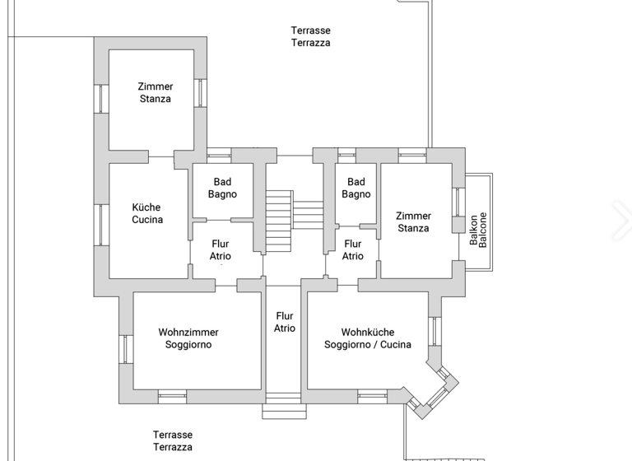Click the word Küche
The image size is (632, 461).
click(146, 207)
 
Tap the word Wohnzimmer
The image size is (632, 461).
click(188, 333)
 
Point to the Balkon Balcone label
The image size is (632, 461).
click(478, 230)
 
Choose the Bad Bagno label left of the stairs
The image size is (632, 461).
click(222, 189)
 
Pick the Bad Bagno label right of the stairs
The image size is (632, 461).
click(356, 189)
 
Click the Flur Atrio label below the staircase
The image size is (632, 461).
click(284, 322)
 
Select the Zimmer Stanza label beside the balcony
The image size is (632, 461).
click(413, 222)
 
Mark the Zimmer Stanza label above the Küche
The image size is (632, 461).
click(156, 92)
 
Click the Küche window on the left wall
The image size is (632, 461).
click(101, 225)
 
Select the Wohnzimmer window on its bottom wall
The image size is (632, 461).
click(172, 396)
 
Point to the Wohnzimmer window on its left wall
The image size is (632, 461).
click(126, 349)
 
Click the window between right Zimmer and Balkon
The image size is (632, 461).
click(458, 202)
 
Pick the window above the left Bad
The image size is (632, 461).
click(219, 153)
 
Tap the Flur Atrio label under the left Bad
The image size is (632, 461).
click(221, 250)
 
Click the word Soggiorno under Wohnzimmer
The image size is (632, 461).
click(188, 345)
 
